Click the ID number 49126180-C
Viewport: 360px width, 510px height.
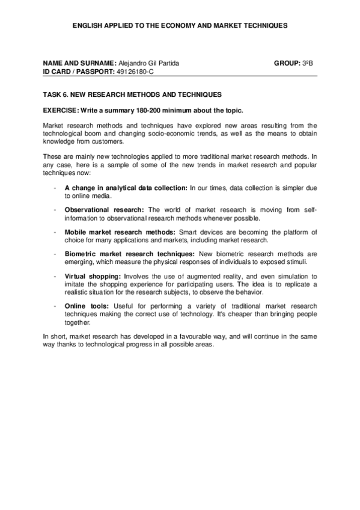pos(141,71)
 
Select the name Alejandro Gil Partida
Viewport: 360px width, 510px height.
pos(150,63)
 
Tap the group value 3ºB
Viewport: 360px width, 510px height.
pos(312,63)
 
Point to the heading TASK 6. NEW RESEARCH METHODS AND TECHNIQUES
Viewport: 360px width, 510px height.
pos(132,95)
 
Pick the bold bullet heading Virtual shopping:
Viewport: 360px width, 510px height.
pos(93,277)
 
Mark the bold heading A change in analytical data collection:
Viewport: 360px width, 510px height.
pos(126,187)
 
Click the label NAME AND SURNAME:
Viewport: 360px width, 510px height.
pos(79,63)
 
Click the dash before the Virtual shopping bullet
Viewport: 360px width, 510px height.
pos(55,277)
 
